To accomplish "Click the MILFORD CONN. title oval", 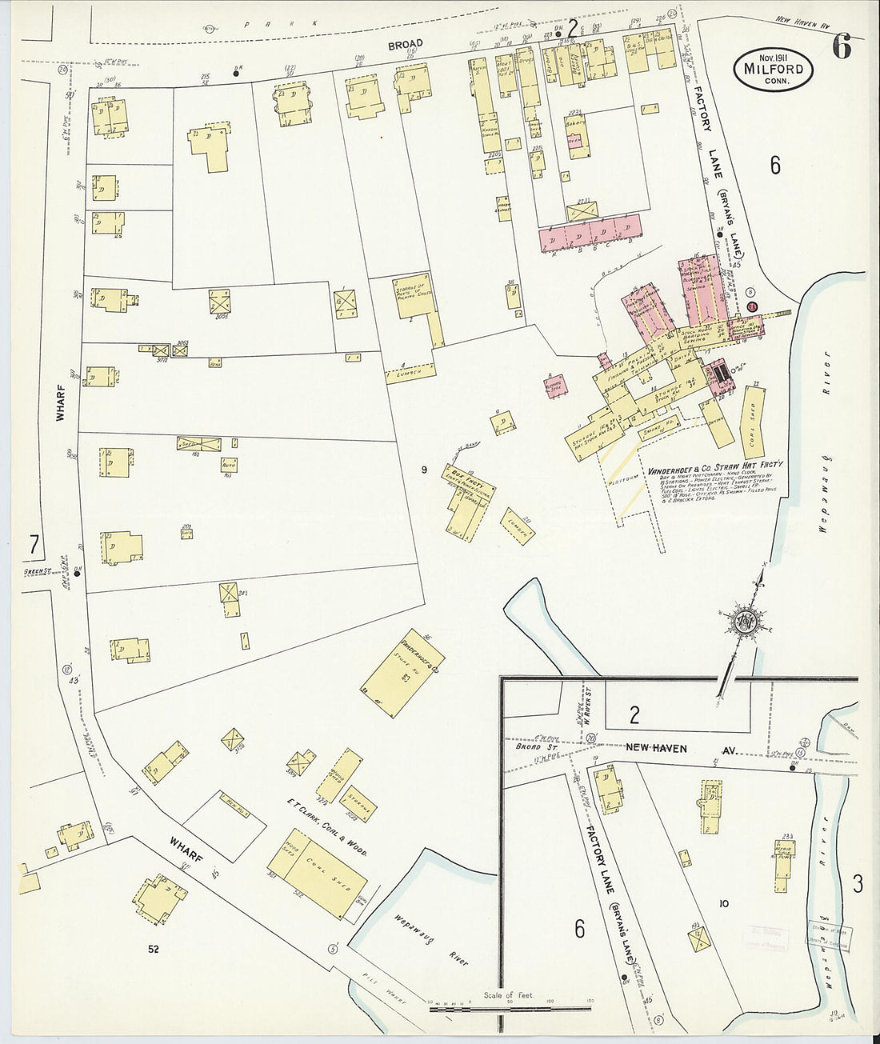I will coord(773,70).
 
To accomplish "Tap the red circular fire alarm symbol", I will coord(751,307).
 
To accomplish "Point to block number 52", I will coord(152,950).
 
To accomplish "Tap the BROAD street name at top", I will coord(406,45).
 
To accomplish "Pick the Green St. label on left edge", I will coord(35,571).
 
